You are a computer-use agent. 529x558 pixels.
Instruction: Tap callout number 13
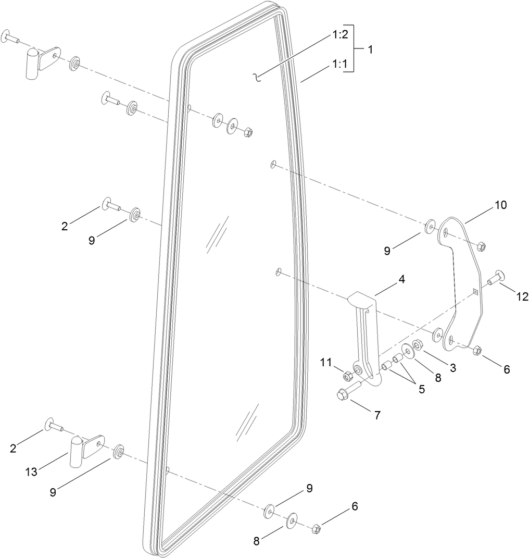[x=32, y=472]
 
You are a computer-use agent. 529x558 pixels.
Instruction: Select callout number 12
[x=522, y=296]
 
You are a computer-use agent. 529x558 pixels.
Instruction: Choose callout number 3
[x=453, y=368]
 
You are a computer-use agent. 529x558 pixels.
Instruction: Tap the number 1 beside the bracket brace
[x=370, y=50]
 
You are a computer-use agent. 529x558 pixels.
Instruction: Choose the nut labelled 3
[x=418, y=344]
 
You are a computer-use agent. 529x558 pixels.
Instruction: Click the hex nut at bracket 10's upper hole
[x=481, y=246]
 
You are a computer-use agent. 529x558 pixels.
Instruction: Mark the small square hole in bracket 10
[x=475, y=291]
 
